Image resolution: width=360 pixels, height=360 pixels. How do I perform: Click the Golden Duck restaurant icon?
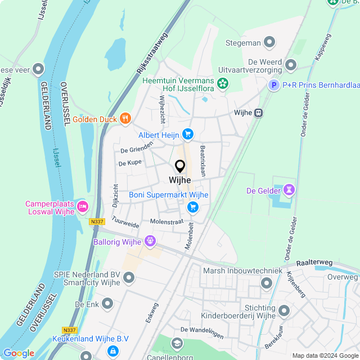click(x=125, y=119)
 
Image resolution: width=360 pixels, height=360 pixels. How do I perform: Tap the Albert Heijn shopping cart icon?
click(x=188, y=134)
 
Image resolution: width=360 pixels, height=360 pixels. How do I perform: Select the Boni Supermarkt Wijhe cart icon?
click(x=193, y=208)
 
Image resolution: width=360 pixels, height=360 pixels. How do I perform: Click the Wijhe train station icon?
click(x=259, y=112)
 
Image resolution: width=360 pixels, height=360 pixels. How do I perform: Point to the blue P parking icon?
click(x=273, y=85)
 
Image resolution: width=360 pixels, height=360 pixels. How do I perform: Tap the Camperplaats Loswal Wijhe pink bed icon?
click(x=82, y=206)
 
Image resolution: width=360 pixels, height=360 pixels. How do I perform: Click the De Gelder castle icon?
click(x=289, y=191)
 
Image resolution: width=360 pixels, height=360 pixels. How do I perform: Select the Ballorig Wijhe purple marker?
click(x=150, y=242)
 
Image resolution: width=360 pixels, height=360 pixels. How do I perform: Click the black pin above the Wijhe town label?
click(x=180, y=166)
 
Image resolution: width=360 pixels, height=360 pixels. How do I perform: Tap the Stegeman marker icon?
click(x=270, y=42)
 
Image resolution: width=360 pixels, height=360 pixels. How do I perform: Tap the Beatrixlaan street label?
click(x=202, y=161)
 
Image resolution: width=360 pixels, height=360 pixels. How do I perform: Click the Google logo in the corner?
click(x=19, y=353)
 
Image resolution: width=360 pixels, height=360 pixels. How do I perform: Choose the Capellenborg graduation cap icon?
click(x=177, y=343)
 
